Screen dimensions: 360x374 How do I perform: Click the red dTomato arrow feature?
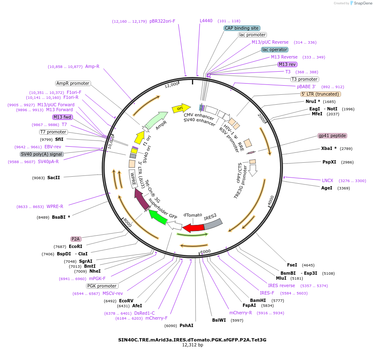click(193, 228)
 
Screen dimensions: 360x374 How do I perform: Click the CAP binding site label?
click(242, 28)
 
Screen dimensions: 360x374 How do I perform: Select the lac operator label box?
click(275, 50)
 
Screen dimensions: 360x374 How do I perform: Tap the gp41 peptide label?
click(332, 136)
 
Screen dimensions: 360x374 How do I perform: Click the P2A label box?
click(76, 239)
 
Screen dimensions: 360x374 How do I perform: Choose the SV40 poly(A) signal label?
click(42, 154)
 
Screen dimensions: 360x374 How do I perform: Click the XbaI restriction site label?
click(329, 148)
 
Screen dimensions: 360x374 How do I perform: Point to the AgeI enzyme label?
click(327, 188)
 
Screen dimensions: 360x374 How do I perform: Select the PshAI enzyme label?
click(186, 325)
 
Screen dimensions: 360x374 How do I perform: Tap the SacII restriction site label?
click(54, 178)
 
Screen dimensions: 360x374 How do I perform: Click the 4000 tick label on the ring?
click(271, 200)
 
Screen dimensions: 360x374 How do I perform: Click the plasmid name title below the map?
click(192, 340)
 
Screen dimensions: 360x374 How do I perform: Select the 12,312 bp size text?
click(192, 345)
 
